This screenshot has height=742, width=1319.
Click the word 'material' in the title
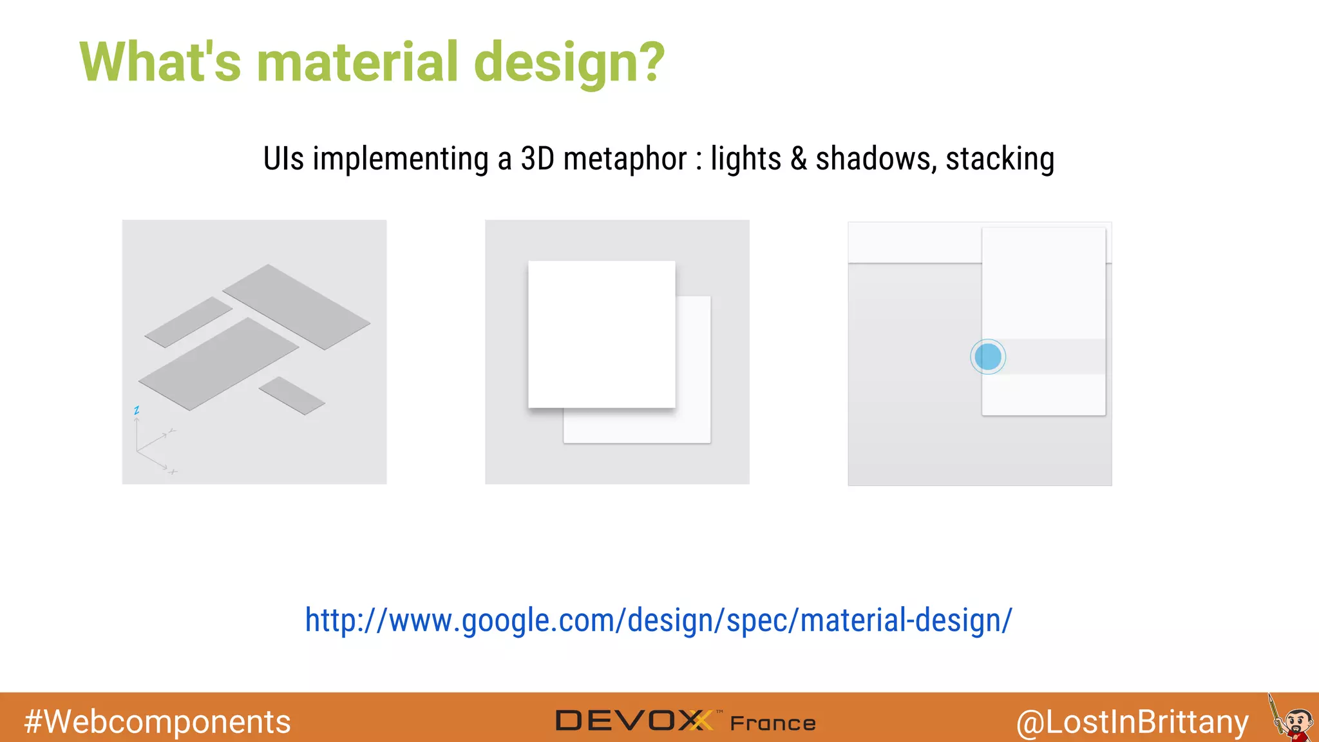point(357,62)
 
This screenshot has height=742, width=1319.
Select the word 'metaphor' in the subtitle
point(625,159)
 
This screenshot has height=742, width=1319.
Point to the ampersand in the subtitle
point(799,159)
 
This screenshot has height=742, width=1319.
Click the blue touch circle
point(988,357)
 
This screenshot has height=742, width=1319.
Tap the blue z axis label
point(137,410)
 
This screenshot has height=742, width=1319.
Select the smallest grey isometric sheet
point(292,395)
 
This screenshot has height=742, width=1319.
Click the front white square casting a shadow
point(602,334)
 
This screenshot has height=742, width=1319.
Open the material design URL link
point(658,620)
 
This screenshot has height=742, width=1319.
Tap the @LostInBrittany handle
point(1132,722)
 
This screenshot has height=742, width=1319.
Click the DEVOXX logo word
point(634,721)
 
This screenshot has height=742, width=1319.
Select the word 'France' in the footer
point(773,723)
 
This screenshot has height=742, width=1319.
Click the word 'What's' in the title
point(160,62)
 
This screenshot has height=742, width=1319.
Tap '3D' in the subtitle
point(537,159)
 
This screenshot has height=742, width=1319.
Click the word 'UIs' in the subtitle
point(283,159)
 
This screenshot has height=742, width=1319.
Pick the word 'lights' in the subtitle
point(746,159)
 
